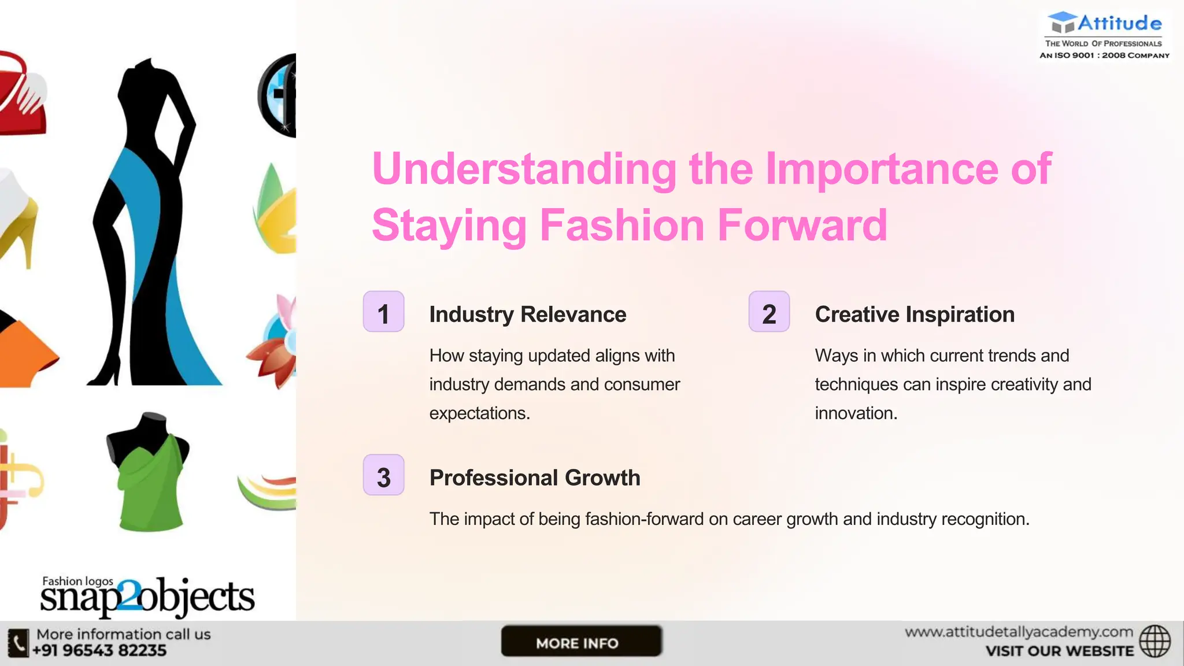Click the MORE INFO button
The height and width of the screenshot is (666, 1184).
tap(581, 641)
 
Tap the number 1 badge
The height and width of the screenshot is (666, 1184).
tap(383, 312)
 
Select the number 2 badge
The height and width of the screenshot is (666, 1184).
tap(769, 312)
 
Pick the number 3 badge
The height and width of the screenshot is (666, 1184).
tap(383, 475)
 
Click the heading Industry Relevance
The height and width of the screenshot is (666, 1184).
tap(527, 314)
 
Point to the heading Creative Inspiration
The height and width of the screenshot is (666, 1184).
tap(915, 314)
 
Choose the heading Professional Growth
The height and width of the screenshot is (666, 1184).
tap(535, 478)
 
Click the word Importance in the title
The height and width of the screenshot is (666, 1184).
tap(881, 169)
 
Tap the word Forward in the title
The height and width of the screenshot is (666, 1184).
tap(802, 225)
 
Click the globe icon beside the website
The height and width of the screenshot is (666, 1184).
tap(1155, 641)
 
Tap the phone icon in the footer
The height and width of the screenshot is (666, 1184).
tap(18, 643)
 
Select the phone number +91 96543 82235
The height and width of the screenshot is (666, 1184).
tap(99, 651)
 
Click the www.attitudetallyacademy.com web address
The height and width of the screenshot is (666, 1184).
tap(1019, 632)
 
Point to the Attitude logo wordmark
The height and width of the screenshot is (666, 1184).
tap(1119, 24)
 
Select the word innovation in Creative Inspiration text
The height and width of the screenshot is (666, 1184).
tap(855, 413)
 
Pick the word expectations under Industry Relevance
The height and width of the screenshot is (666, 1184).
tap(479, 413)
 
